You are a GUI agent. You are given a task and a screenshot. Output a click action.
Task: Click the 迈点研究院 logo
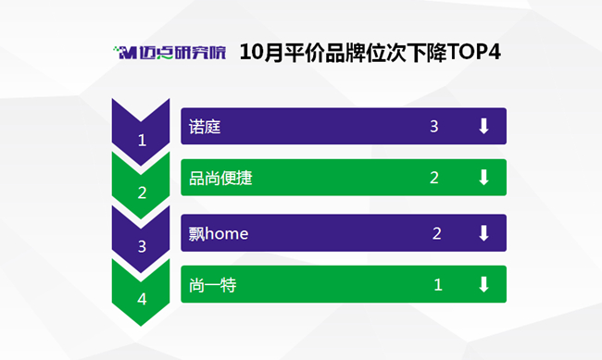(x=169, y=53)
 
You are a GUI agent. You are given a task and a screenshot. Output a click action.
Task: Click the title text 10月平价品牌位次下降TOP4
(x=370, y=53)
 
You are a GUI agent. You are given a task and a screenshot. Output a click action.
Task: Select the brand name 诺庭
(x=205, y=127)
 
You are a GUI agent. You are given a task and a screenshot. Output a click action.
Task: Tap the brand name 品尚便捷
(x=220, y=178)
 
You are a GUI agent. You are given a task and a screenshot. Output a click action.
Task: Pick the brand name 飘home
(x=219, y=233)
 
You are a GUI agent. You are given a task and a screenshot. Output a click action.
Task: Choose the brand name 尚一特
(x=213, y=285)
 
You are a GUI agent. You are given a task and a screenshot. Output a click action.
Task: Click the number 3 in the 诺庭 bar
(x=433, y=126)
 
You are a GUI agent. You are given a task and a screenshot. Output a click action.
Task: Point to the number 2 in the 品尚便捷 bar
(x=433, y=178)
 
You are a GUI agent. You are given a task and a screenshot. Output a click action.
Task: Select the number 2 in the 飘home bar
(x=436, y=233)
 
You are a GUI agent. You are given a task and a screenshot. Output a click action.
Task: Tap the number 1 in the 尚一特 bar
(x=438, y=285)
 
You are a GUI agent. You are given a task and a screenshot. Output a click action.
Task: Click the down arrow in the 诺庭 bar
(x=483, y=126)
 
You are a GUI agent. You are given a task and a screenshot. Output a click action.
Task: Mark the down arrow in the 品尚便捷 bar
(x=483, y=178)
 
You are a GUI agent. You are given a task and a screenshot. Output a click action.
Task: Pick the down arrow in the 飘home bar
(x=483, y=233)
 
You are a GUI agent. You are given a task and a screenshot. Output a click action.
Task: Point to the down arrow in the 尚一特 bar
(x=483, y=284)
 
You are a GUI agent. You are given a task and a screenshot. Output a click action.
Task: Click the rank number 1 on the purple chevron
(x=142, y=141)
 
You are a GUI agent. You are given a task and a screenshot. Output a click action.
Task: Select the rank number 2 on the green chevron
(x=142, y=192)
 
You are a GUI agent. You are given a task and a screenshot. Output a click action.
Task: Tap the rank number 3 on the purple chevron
(x=142, y=246)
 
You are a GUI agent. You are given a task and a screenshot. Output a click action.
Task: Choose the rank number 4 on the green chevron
(x=142, y=299)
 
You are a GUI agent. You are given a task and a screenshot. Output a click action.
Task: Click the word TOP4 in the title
(x=474, y=52)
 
